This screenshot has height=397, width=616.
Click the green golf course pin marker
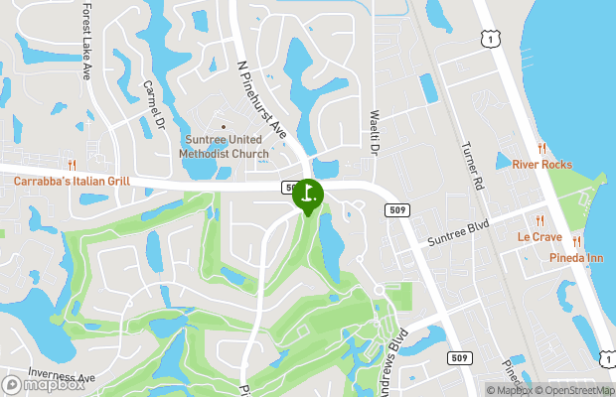pos(308,195)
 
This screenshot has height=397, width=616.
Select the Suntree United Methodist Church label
pos(224,147)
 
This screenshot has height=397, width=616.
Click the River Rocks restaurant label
pos(541,164)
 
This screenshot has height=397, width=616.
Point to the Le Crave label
pos(539,237)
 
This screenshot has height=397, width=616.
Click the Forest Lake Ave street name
pos(86,41)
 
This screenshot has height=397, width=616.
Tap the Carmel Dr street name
pos(152,105)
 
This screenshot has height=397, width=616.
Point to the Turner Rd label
pos(472,166)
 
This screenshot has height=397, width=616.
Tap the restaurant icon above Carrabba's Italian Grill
pos(72,165)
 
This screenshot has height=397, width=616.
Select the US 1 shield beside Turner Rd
pos(488,38)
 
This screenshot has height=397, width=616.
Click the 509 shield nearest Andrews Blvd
pos(458,357)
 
